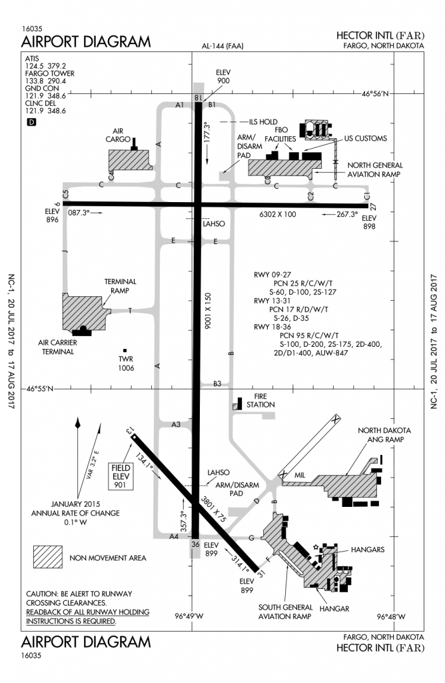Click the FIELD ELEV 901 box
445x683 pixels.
click(121, 476)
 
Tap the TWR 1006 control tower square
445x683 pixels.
click(124, 350)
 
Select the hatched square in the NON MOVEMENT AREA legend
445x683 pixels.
click(48, 556)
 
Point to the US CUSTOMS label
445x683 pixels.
click(365, 138)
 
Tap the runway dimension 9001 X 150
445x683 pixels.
click(208, 309)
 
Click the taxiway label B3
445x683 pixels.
click(217, 383)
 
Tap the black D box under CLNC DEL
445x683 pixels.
click(31, 121)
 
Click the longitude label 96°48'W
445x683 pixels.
click(393, 616)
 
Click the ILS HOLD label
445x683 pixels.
click(262, 122)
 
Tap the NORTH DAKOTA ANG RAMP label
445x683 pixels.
click(384, 435)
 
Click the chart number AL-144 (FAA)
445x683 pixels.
click(223, 46)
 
